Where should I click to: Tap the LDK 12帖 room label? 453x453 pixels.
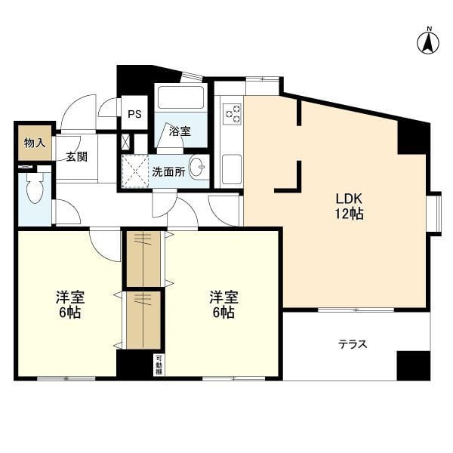coord(350,206)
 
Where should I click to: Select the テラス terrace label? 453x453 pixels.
coord(352,344)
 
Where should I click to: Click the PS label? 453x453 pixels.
coord(134,115)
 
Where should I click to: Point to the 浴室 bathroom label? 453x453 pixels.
coord(180,131)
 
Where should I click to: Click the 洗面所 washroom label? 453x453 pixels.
coord(168,171)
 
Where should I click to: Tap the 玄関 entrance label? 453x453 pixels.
coord(75,157)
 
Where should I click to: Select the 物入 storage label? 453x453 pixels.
coord(34,143)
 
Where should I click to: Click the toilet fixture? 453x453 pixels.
coord(35,190)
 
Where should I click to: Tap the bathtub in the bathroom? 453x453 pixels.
coord(180,99)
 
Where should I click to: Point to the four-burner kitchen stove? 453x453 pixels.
coord(232,114)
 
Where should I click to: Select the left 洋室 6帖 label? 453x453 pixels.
coord(69,303)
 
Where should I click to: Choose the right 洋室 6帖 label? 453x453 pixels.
coord(223,303)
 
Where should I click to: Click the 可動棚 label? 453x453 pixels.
coord(159,363)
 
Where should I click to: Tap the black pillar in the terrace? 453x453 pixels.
coord(413,365)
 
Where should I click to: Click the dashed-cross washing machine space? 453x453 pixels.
coord(135,171)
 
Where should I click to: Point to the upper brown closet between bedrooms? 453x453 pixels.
coord(143,258)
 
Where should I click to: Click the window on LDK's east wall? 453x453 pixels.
coord(433,214)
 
